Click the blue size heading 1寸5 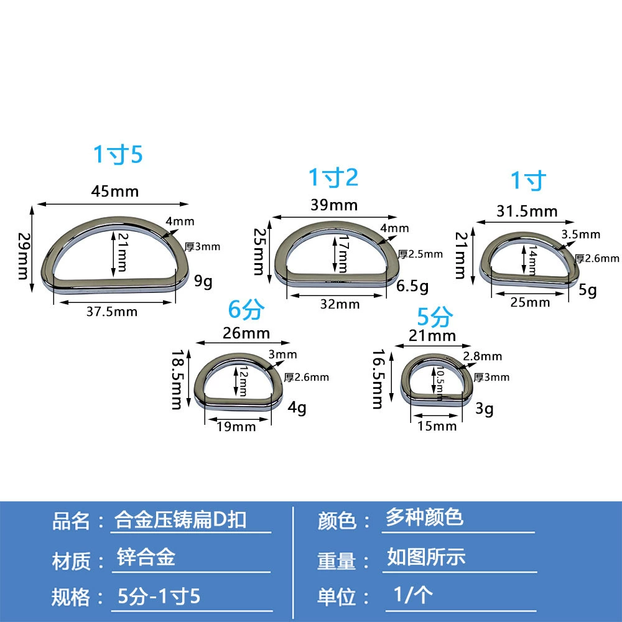click(x=118, y=154)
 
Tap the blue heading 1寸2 click(x=333, y=177)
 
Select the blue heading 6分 click(x=246, y=309)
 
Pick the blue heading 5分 click(x=435, y=317)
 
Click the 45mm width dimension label click(x=115, y=191)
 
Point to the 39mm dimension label click(x=334, y=205)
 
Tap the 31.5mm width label click(x=527, y=211)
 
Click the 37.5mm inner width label click(x=112, y=312)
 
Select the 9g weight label click(x=203, y=281)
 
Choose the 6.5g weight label click(x=412, y=285)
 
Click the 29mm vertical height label click(x=24, y=256)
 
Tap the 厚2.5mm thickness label click(x=420, y=254)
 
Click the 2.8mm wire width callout click(x=483, y=356)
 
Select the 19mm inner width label click(x=236, y=427)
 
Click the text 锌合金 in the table click(x=146, y=557)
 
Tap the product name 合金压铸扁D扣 click(x=180, y=519)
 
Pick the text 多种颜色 click(x=424, y=518)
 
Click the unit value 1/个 click(x=413, y=595)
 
